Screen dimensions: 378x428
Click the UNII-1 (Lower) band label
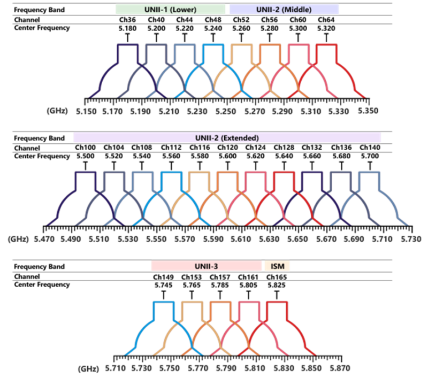pyautogui.click(x=170, y=9)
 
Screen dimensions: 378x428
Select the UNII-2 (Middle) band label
pyautogui.click(x=284, y=9)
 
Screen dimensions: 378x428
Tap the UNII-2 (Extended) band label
pyautogui.click(x=227, y=137)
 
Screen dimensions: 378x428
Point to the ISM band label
pyautogui.click(x=277, y=266)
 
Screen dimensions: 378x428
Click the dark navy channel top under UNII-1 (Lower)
pyautogui.click(x=126, y=53)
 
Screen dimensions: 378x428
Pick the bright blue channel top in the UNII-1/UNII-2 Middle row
pyautogui.click(x=212, y=53)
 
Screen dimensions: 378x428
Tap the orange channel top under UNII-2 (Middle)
pyautogui.click(x=269, y=53)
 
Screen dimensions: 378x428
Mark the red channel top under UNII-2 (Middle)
pyautogui.click(x=326, y=53)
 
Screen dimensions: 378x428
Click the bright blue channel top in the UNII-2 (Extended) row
pyautogui.click(x=169, y=182)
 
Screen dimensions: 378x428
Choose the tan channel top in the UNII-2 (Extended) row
pyautogui.click(x=197, y=182)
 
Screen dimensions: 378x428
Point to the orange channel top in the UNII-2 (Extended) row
pyautogui.click(x=226, y=182)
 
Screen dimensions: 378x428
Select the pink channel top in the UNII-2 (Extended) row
pyautogui.click(x=254, y=182)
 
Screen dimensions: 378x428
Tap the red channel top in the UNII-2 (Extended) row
pyautogui.click(x=282, y=182)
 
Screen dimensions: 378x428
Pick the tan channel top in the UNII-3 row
pyautogui.click(x=190, y=310)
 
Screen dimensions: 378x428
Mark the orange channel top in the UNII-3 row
pyautogui.click(x=219, y=310)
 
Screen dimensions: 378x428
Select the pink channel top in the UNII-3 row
pyautogui.click(x=247, y=310)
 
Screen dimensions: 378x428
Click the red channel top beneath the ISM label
pyautogui.click(x=276, y=310)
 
